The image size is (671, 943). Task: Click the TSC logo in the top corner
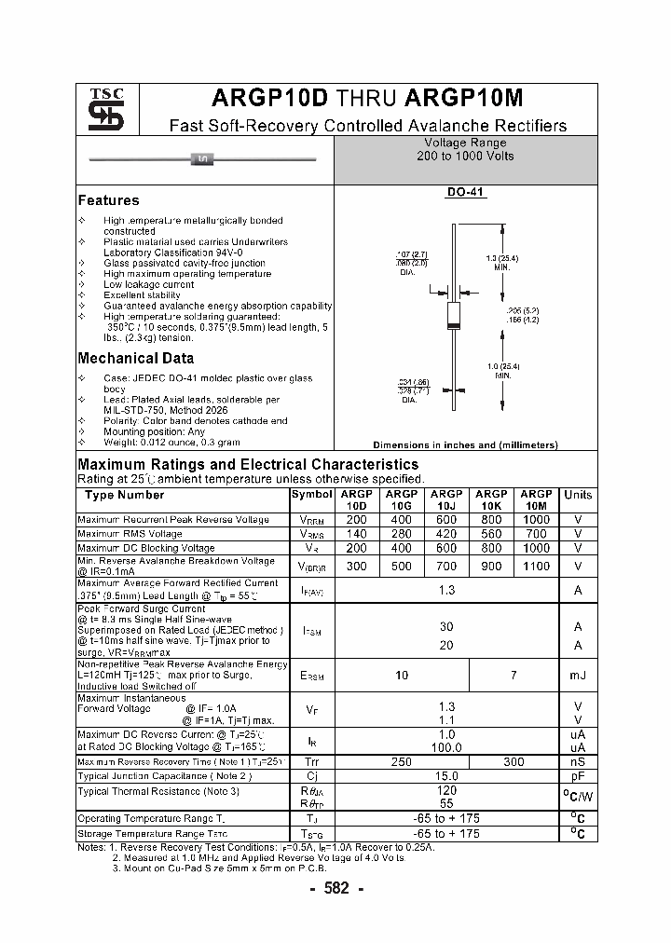point(100,110)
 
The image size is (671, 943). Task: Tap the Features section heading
point(108,200)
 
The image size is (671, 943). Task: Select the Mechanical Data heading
point(136,358)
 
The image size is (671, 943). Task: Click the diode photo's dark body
point(201,159)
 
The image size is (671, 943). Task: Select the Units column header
point(578,495)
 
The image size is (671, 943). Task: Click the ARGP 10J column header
point(446,500)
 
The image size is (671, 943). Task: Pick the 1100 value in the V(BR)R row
point(536,566)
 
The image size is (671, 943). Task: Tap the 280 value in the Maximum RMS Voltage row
point(402,534)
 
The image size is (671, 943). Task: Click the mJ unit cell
point(578,675)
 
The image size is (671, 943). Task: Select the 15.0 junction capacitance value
point(446,775)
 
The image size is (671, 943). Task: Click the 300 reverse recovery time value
point(514,761)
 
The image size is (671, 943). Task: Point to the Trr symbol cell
point(311,761)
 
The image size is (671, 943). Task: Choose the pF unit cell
point(578,775)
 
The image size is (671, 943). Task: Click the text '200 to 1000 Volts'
point(465,157)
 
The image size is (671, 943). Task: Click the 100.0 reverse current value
point(446,747)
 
